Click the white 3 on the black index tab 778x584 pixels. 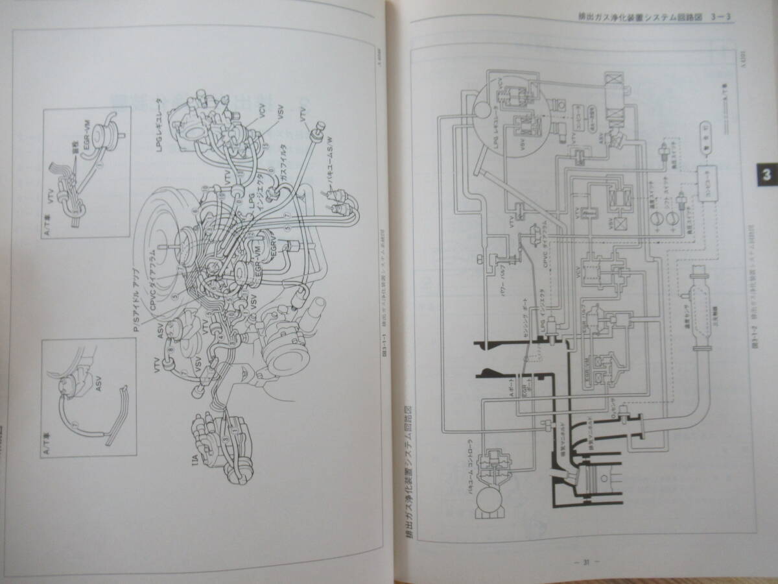point(767,175)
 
